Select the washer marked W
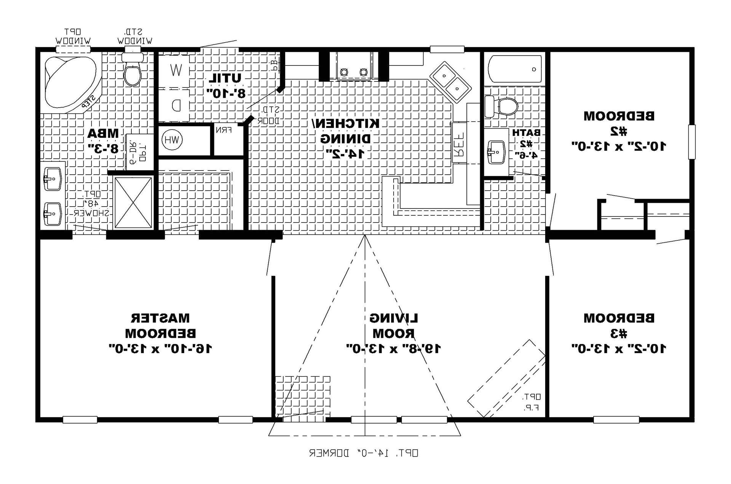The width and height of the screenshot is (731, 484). point(175,70)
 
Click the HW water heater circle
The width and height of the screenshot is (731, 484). point(172,140)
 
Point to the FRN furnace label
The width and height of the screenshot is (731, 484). point(224,130)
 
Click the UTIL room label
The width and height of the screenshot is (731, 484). point(226,78)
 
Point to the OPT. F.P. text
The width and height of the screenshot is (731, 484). point(531,401)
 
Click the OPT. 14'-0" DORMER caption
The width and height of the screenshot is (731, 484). point(363,453)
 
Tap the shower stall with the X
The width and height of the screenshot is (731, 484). point(133,202)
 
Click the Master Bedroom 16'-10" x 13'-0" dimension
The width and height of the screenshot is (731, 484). point(160,348)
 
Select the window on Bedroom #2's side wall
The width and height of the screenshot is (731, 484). point(692,142)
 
